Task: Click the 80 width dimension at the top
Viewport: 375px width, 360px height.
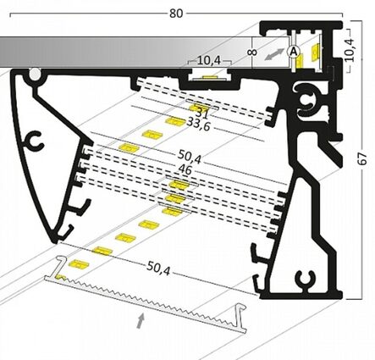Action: (x=176, y=14)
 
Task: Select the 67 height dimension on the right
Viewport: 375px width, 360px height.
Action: (x=362, y=158)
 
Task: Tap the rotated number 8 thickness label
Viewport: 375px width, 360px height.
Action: (x=253, y=53)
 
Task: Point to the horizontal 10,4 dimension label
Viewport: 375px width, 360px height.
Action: (x=209, y=60)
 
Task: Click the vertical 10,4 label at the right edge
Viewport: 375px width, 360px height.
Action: (x=350, y=50)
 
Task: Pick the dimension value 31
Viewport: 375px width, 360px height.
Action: (x=202, y=114)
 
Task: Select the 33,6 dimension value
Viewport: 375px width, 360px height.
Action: (x=199, y=125)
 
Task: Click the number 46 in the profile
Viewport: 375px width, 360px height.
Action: (x=185, y=170)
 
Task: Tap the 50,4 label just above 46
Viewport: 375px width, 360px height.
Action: (x=190, y=157)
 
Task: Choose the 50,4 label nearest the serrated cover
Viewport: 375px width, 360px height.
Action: (x=158, y=269)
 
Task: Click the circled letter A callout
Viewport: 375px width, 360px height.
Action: (x=294, y=52)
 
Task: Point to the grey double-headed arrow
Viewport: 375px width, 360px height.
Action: (x=274, y=54)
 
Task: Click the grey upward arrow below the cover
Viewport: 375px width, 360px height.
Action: (x=141, y=320)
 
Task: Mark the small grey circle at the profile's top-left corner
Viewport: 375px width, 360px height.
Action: (x=35, y=74)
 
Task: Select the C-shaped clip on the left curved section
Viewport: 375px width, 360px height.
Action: (x=35, y=141)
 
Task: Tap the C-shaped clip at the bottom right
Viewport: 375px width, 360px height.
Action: (x=306, y=280)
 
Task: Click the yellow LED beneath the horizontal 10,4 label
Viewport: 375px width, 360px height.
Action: (x=209, y=77)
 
